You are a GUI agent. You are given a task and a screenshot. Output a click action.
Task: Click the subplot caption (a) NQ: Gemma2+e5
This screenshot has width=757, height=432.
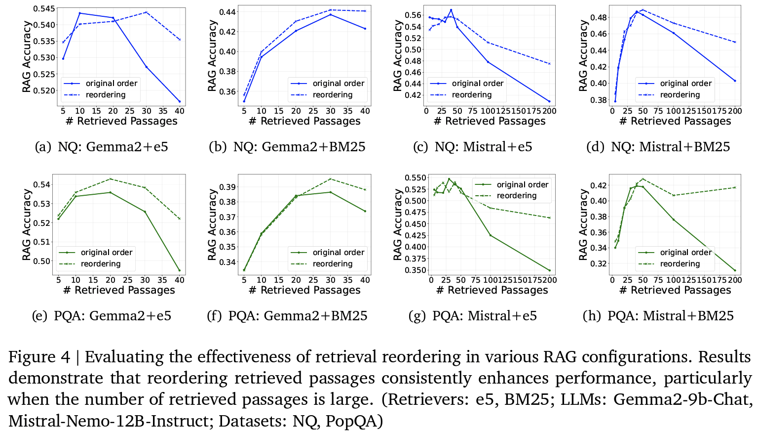coord(102,147)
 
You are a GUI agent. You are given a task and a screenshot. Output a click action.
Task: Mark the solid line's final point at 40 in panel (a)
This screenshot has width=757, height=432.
coord(180,101)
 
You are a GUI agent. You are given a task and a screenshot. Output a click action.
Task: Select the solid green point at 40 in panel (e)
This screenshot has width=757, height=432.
coord(180,270)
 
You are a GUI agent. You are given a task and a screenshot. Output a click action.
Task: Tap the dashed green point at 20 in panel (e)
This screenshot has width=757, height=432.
coord(110,179)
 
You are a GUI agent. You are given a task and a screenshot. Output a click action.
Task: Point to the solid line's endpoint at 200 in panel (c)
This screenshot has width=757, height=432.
coord(549,101)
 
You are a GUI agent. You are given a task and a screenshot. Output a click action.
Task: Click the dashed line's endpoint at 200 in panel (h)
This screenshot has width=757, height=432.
coord(735,187)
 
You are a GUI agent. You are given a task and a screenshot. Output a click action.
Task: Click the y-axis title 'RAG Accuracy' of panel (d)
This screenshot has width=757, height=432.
coord(583,56)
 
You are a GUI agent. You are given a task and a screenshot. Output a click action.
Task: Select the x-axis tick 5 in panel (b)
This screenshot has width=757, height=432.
coord(244,111)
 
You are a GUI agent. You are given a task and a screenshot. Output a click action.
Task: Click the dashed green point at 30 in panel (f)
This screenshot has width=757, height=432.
coord(330,179)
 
